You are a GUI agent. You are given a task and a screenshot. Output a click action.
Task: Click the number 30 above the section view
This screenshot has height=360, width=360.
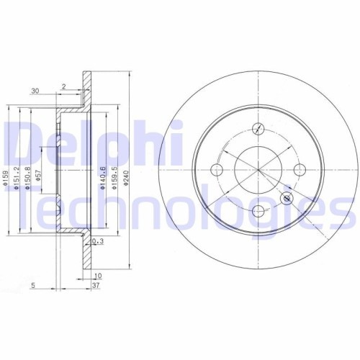coord(34,91)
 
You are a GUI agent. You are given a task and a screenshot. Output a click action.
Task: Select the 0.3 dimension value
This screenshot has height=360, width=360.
coord(98,241)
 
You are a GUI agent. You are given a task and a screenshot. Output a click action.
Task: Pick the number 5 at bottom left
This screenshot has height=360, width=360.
coord(34,285)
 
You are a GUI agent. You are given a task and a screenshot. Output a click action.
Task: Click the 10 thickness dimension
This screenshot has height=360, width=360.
coord(96,276)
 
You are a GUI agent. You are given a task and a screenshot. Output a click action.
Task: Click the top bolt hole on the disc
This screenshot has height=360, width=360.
coord(258,129)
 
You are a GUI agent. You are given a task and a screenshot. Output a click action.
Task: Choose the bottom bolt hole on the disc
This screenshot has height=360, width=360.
coord(258,211)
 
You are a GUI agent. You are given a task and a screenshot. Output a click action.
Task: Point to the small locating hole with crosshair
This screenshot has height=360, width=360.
coord(288,198)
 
